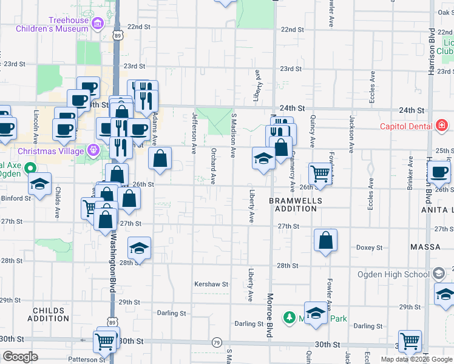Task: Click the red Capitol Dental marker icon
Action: click(x=442, y=126)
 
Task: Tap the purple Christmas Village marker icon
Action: click(x=94, y=149)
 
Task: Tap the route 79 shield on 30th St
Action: click(x=217, y=343)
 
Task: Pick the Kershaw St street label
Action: click(x=211, y=283)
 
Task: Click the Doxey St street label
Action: click(x=369, y=248)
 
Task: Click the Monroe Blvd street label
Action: click(x=269, y=316)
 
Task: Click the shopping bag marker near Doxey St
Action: click(x=326, y=240)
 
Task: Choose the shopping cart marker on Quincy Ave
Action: click(x=320, y=174)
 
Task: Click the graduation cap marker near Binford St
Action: click(x=39, y=184)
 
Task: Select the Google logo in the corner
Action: click(x=21, y=357)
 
